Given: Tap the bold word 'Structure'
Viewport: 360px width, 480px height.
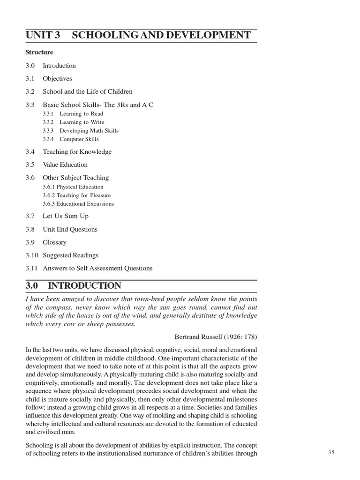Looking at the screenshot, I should pyautogui.click(x=39, y=52).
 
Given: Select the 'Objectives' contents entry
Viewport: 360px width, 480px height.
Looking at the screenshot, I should pyautogui.click(x=57, y=79).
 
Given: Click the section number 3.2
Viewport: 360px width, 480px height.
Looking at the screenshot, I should pyautogui.click(x=30, y=92).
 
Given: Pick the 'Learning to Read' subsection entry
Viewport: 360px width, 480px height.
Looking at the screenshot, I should pyautogui.click(x=81, y=114).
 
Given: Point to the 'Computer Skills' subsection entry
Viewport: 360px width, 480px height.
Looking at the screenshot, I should pyautogui.click(x=79, y=139).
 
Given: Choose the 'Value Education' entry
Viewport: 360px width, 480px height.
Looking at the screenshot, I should pyautogui.click(x=65, y=165).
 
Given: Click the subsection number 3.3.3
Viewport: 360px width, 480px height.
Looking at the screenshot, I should pyautogui.click(x=48, y=131).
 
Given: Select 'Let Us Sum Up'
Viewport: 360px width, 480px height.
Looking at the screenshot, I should pyautogui.click(x=65, y=217).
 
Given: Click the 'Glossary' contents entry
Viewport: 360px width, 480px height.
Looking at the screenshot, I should pyautogui.click(x=54, y=243).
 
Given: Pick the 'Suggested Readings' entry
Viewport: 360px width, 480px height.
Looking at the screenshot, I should pyautogui.click(x=70, y=255).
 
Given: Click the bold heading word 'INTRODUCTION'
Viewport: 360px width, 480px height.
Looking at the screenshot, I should pyautogui.click(x=84, y=286).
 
